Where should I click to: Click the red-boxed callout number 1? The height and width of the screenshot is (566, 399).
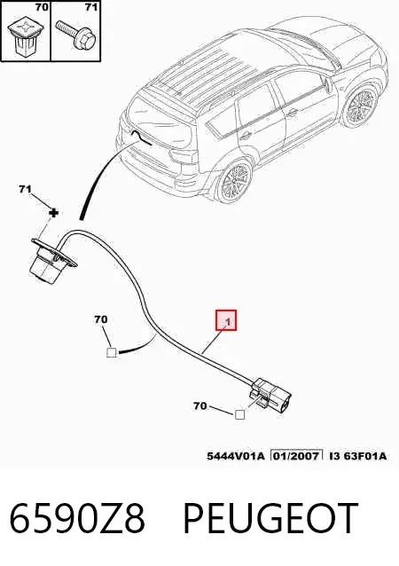226,320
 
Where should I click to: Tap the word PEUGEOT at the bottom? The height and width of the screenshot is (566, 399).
270,519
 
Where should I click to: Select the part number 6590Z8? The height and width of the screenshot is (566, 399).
77,519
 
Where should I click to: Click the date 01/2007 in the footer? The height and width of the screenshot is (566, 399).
296,456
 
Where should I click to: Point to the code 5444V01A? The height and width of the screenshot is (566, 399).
236,456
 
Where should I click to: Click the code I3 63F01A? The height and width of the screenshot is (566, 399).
357,456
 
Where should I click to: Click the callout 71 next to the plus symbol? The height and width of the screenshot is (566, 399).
25,189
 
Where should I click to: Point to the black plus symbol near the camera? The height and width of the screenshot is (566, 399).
53,213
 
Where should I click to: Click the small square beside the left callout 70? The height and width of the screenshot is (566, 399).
112,352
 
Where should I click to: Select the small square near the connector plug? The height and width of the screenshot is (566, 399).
239,415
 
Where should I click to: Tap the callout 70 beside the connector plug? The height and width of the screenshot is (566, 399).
200,406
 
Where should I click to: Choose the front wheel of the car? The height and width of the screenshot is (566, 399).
360,106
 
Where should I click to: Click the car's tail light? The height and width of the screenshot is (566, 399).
184,157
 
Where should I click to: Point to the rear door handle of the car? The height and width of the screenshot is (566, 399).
246,135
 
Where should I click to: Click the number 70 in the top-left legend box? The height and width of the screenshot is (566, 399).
42,7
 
